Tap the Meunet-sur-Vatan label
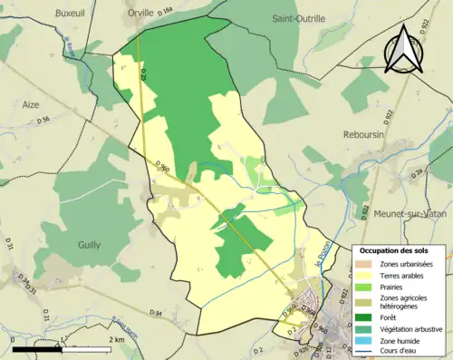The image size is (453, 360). click(x=411, y=214)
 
